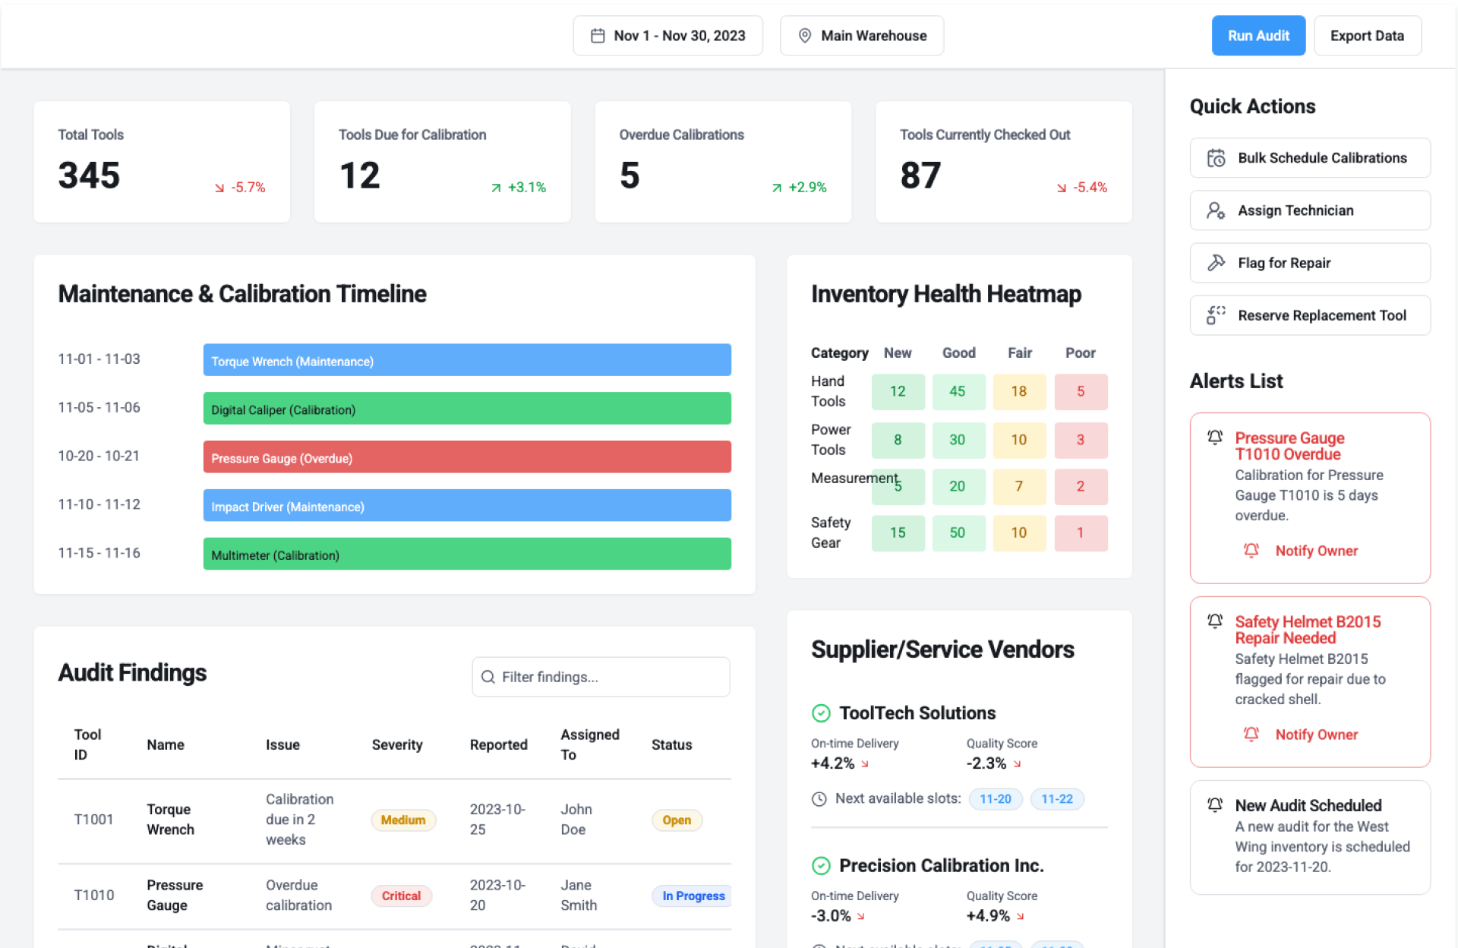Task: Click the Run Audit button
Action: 1258,36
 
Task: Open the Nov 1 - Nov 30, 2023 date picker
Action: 667,36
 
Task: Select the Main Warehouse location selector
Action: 861,36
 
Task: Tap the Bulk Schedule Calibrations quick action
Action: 1309,158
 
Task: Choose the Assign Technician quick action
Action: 1309,210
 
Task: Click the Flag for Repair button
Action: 1309,263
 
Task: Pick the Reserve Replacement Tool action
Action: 1309,315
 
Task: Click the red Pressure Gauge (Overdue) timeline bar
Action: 466,457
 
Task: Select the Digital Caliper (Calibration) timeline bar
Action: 466,409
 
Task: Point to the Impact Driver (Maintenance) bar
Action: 466,506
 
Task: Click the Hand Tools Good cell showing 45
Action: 958,391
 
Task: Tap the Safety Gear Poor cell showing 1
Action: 1080,532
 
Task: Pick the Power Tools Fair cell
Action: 1018,440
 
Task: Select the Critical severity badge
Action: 401,896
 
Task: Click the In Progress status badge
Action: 693,896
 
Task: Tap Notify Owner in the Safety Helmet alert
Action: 1316,735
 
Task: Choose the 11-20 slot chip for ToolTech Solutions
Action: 995,799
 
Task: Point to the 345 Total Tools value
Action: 90,175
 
